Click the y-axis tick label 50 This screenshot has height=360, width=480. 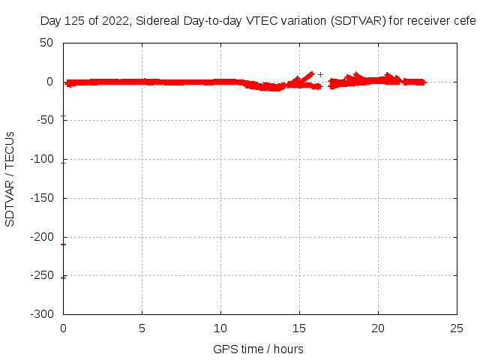click(x=47, y=43)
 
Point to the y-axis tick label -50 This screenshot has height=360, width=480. click(x=45, y=121)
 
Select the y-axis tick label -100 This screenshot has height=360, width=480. click(x=43, y=160)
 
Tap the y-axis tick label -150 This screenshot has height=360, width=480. click(x=43, y=199)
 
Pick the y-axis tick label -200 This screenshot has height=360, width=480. click(x=43, y=238)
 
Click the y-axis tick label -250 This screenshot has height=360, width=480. click(x=43, y=277)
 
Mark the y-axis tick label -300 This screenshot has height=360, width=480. click(x=43, y=315)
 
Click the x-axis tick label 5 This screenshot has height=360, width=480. click(x=142, y=328)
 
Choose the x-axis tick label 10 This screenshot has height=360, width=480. click(x=221, y=328)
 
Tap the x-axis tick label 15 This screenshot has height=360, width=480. click(x=300, y=328)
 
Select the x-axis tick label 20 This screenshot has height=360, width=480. click(x=379, y=328)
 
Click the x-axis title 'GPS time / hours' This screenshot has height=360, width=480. click(x=258, y=349)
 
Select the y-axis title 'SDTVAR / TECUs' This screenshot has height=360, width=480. click(x=10, y=178)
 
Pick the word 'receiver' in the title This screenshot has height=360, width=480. click(x=430, y=21)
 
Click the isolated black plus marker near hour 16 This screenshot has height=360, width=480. click(x=320, y=74)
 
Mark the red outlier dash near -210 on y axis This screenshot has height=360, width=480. click(x=63, y=244)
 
